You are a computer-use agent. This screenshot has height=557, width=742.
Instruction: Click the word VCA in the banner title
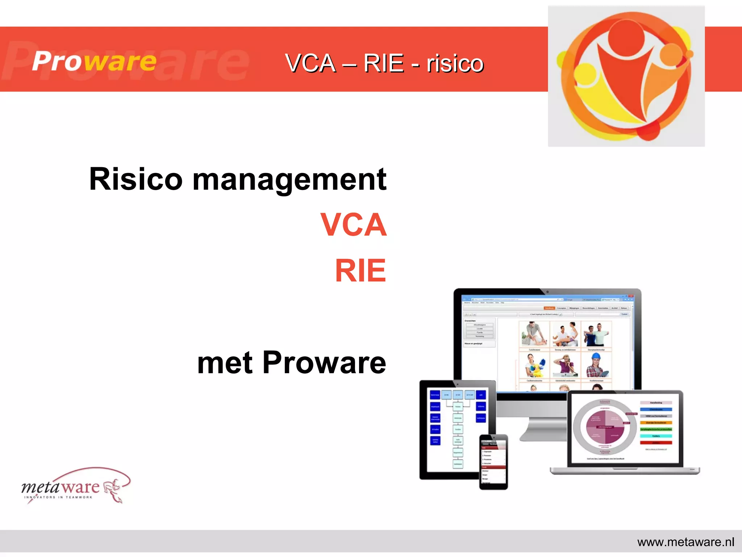(x=310, y=63)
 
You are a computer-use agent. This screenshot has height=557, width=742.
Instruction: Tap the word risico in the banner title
(x=455, y=63)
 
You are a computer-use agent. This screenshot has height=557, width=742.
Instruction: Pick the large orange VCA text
(x=354, y=225)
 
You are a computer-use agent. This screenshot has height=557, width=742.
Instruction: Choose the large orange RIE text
(x=360, y=271)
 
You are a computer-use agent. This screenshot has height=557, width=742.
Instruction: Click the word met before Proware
(x=225, y=363)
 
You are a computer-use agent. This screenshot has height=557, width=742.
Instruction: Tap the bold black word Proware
(x=324, y=362)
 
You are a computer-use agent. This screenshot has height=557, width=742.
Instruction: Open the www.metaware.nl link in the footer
(x=685, y=542)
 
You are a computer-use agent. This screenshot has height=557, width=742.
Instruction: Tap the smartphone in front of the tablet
(x=493, y=462)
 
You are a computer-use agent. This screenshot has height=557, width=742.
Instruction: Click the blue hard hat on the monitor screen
(x=596, y=356)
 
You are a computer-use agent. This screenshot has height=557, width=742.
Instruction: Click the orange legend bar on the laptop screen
(x=656, y=422)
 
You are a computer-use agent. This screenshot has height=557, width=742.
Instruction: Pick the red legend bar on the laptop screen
(x=656, y=443)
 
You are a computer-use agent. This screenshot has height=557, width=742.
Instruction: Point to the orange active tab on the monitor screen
(x=549, y=308)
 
